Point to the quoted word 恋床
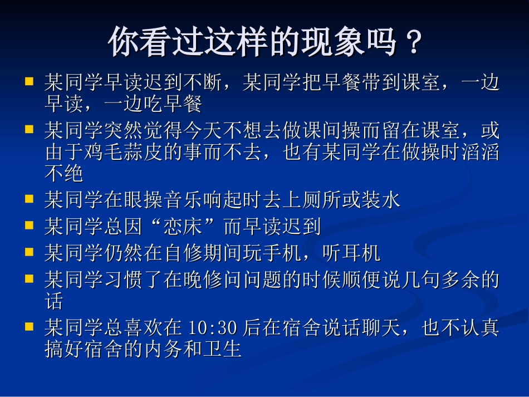tap(183, 226)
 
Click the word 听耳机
tap(351, 253)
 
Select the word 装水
tap(381, 200)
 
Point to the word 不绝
tap(64, 173)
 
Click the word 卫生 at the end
tap(222, 349)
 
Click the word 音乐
tap(183, 200)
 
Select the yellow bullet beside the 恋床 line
tap(29, 225)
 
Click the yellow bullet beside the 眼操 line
tap(29, 199)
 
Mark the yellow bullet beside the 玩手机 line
tap(29, 252)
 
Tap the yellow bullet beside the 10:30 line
tap(29, 326)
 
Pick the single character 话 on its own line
tap(54, 301)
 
